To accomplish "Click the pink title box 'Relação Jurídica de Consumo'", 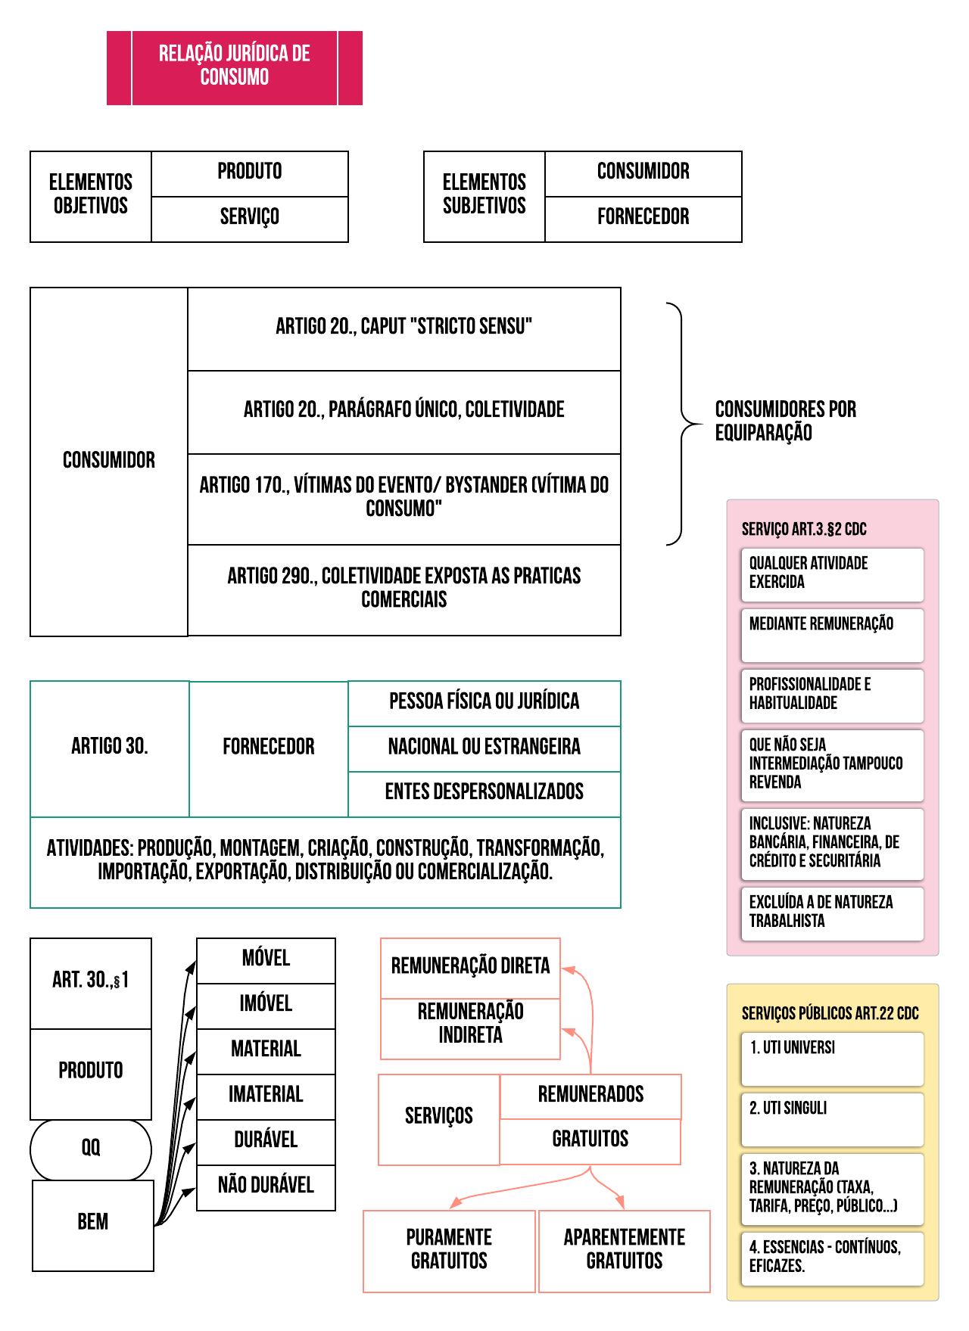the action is (x=235, y=67).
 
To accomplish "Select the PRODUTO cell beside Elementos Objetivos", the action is (x=250, y=173).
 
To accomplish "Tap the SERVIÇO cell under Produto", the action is (x=250, y=219).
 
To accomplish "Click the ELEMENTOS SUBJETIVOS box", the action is (x=484, y=196).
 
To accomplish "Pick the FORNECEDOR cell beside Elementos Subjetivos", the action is (x=643, y=219).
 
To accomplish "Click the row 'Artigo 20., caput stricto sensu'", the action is (x=403, y=328).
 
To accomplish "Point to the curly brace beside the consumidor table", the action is (x=681, y=424).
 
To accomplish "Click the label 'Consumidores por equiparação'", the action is (x=785, y=421).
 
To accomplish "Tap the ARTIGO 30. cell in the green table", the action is (x=109, y=748).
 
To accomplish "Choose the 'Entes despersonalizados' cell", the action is (x=484, y=793).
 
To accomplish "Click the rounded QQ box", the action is (x=91, y=1149).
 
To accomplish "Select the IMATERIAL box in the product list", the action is (x=266, y=1096).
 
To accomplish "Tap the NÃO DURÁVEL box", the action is (x=266, y=1186).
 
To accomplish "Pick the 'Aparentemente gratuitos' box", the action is (x=624, y=1250).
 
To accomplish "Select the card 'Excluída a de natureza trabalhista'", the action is (x=832, y=913).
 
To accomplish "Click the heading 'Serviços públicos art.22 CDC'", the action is (x=830, y=1013).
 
